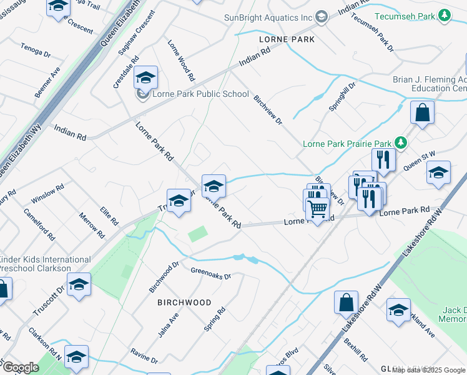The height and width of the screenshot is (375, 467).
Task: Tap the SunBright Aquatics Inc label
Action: (x=268, y=17)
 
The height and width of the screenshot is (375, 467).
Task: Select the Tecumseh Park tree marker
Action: (x=444, y=15)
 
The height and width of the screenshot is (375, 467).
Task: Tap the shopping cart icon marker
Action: (x=318, y=209)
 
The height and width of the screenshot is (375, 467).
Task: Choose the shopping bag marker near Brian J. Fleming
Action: (x=422, y=114)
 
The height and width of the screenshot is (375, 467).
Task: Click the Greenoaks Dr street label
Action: (x=210, y=273)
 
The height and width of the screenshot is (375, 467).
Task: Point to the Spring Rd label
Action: (x=214, y=319)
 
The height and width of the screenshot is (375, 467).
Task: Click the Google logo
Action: (x=20, y=367)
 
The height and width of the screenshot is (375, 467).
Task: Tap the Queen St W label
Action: (x=417, y=161)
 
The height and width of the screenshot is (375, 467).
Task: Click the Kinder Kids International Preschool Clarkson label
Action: (x=45, y=264)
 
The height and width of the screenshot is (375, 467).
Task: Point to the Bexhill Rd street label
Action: (x=355, y=350)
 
